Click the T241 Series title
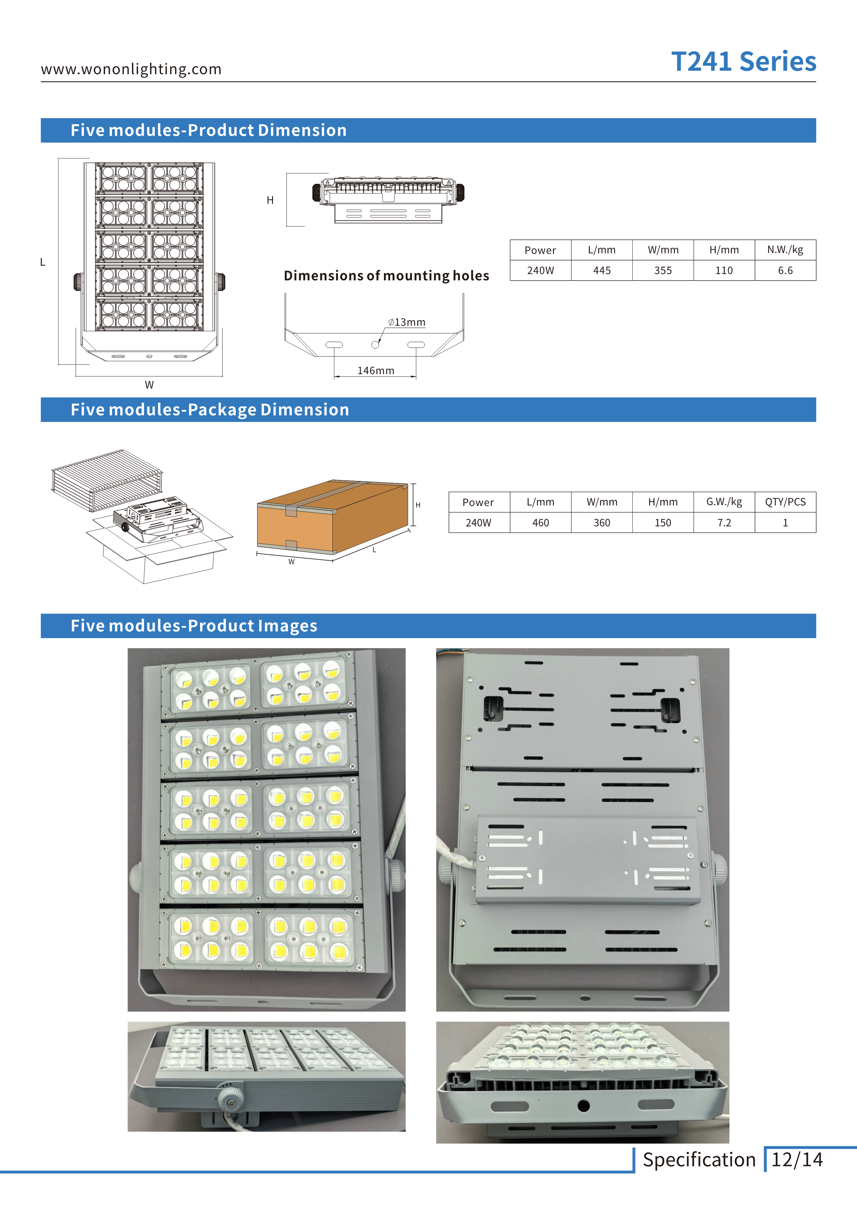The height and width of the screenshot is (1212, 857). (743, 62)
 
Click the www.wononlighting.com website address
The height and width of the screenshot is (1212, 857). (131, 69)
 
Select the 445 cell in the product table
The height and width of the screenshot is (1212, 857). (601, 270)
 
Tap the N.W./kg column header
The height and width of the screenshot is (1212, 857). (785, 250)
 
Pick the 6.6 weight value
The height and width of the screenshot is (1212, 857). (785, 270)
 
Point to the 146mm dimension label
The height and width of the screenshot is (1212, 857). (375, 371)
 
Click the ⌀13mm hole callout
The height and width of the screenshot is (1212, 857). (407, 322)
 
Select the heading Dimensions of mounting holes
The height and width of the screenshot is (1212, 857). (386, 276)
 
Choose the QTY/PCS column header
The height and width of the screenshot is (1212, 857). (785, 502)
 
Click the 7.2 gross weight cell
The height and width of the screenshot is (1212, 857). (724, 523)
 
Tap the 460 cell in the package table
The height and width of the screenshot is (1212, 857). (540, 523)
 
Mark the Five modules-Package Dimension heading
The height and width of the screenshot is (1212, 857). (210, 410)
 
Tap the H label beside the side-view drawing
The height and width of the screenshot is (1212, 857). (270, 200)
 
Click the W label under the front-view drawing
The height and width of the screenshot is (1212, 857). (149, 385)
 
